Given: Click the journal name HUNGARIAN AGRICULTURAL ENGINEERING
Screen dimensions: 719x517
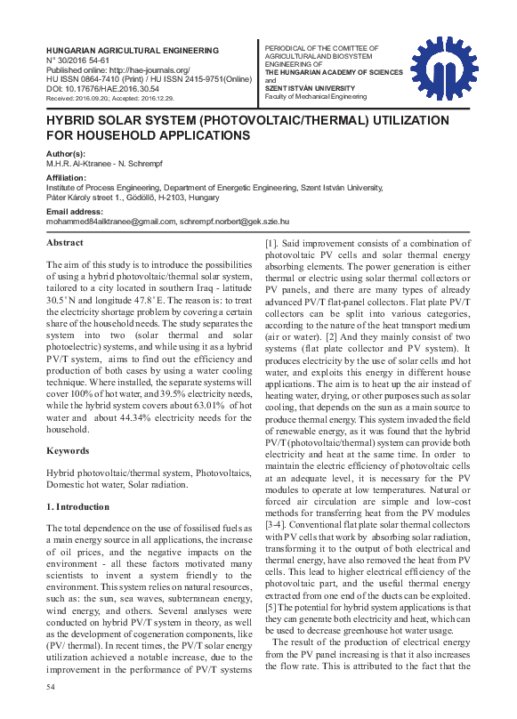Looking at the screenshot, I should [122, 51].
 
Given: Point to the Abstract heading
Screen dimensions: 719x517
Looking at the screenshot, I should [65, 243].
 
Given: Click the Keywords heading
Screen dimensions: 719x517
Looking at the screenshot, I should [68, 451].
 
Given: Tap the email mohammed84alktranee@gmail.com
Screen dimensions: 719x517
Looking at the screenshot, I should [111, 222].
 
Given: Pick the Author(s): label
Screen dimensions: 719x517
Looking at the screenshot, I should [66, 154].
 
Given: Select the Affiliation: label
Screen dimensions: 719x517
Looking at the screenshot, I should [67, 178].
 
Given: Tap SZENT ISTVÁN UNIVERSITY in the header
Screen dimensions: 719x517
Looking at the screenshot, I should [311, 88].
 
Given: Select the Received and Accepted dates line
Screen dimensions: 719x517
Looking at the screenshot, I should [116, 99].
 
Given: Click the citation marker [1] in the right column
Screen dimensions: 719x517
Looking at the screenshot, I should [271, 243].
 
